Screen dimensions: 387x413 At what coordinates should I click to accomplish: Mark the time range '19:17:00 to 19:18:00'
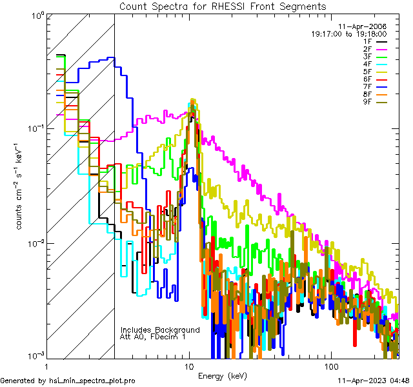(x=348, y=34)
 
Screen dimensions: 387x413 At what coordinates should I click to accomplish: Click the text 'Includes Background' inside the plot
(x=159, y=330)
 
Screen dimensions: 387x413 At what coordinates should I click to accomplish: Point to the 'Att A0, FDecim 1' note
(x=153, y=337)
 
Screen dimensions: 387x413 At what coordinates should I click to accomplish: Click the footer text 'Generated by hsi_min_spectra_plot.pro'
(x=68, y=381)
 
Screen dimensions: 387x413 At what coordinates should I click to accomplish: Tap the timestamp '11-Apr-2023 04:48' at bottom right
(x=374, y=381)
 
